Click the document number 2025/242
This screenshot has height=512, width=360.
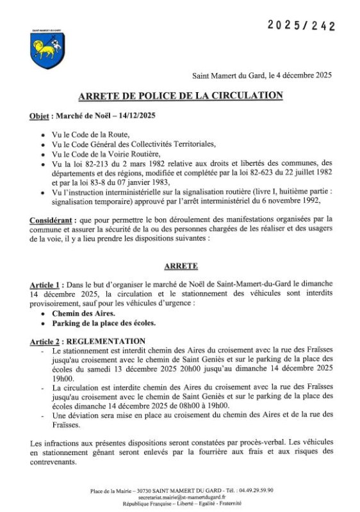[x=301, y=26]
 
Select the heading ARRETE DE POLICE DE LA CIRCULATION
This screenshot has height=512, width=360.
[x=180, y=96]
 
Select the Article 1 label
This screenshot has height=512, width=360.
[x=47, y=284]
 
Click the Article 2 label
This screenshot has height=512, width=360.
[x=47, y=341]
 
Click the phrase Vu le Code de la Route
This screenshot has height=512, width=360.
[x=90, y=135]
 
